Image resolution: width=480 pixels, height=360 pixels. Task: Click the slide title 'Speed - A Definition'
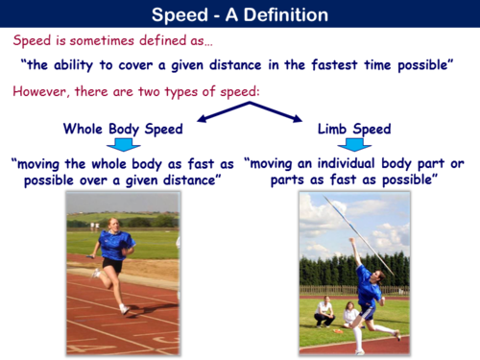point(239,15)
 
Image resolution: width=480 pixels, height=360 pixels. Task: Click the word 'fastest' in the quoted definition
point(326,67)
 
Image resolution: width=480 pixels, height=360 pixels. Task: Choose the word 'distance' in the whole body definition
point(183,180)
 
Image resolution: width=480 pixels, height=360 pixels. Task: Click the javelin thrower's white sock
point(357,336)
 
